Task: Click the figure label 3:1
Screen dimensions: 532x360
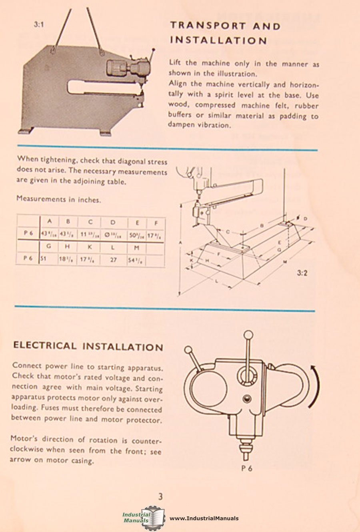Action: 39,24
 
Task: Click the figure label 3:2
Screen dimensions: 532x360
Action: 302,274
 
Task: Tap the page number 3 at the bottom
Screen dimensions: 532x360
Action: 160,496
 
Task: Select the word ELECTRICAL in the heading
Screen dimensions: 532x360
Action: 44,345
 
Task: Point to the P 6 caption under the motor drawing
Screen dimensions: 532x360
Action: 247,468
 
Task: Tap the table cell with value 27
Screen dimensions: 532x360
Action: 113,259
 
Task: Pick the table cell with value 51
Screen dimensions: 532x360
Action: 43,259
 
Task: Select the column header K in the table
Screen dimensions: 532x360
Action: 90,247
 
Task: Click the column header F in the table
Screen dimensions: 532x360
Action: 156,223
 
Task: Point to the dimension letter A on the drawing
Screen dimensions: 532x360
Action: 181,243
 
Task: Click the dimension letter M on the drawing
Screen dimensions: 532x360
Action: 285,262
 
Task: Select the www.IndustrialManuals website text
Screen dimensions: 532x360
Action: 204,518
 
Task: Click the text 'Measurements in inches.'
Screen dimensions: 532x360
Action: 59,199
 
